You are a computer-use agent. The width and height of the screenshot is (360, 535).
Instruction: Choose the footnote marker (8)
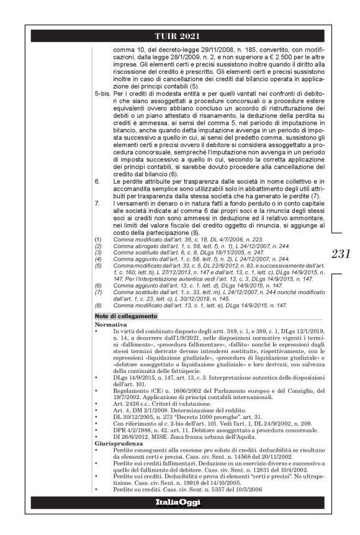point(97,306)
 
